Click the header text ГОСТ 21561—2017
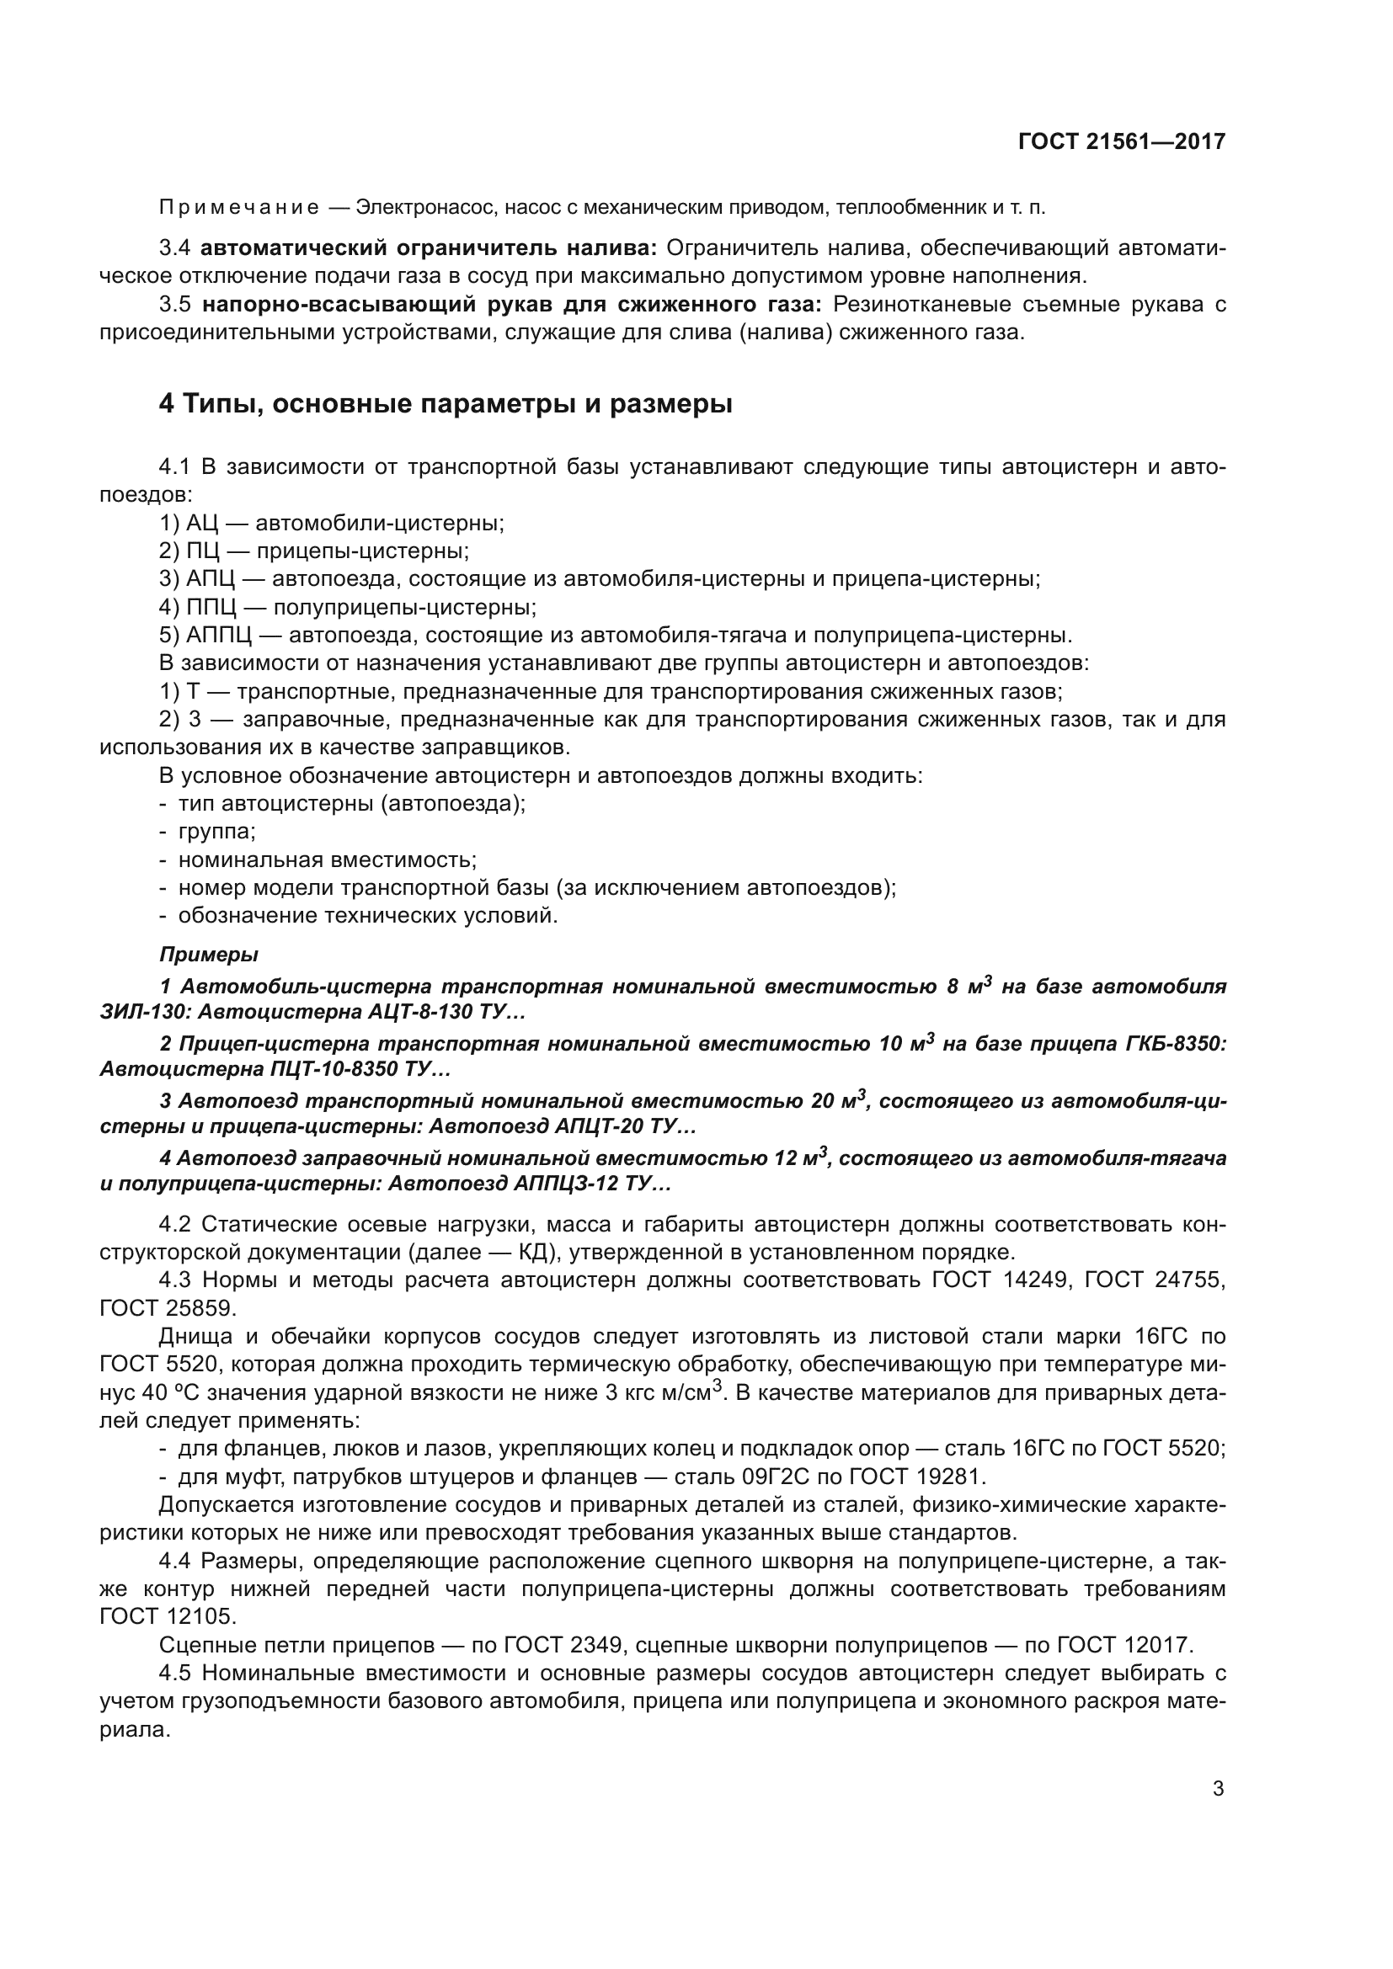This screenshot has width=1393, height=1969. (1121, 141)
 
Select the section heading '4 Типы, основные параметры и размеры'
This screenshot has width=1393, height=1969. (446, 403)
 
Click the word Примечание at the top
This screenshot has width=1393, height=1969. (239, 208)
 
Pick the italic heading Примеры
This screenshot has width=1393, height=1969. (208, 955)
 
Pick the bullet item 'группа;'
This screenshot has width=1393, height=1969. (217, 831)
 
